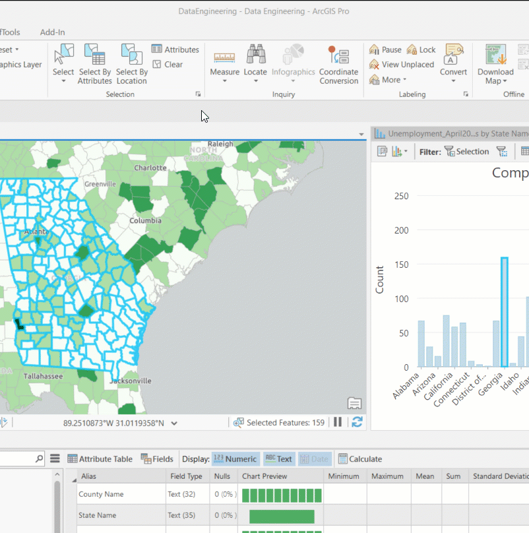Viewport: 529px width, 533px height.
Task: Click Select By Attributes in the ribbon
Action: click(95, 63)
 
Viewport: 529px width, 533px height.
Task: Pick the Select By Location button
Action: click(132, 63)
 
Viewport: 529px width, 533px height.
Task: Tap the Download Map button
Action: click(495, 63)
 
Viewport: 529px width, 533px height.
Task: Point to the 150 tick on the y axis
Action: click(401, 265)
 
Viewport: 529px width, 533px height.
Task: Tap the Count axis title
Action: click(380, 280)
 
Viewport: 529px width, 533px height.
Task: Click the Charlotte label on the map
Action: click(150, 168)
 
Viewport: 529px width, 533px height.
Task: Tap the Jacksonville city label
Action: click(131, 381)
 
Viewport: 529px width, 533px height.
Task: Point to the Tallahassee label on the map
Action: click(44, 376)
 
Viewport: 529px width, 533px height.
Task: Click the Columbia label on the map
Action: click(146, 220)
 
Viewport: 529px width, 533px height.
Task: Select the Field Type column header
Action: click(186, 476)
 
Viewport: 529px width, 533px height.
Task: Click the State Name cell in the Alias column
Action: click(98, 515)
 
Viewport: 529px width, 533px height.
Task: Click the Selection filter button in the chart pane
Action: click(466, 152)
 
